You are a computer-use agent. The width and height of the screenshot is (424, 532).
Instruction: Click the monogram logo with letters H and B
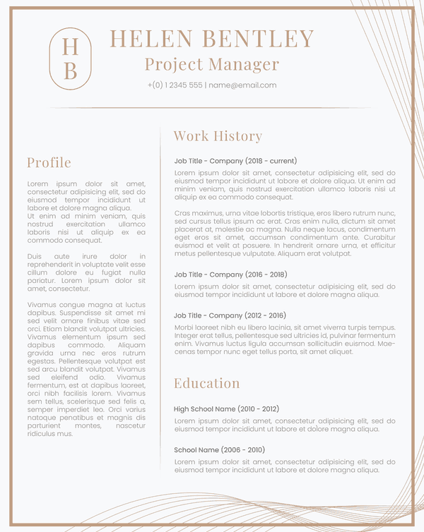tap(70, 59)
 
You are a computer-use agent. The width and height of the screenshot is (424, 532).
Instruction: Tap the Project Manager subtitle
tap(212, 64)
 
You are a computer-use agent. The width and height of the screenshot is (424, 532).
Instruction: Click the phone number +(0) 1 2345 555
tap(175, 85)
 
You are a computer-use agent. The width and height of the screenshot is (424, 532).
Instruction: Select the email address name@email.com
tap(242, 85)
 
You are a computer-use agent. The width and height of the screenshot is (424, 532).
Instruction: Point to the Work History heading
tap(218, 136)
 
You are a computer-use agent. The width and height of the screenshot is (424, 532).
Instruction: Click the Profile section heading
tap(49, 162)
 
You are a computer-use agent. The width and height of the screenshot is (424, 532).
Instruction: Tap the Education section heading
tap(207, 383)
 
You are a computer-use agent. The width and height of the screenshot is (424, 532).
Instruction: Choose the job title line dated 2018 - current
tap(235, 161)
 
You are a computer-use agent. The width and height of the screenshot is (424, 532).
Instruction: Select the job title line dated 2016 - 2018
tap(230, 274)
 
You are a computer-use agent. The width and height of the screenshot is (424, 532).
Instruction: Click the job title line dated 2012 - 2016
tap(230, 315)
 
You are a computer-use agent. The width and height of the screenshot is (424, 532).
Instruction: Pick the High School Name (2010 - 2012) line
tap(226, 409)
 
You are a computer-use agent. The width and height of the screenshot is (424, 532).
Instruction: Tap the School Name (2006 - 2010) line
tap(219, 449)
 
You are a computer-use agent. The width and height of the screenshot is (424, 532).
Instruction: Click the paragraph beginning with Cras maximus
tap(285, 233)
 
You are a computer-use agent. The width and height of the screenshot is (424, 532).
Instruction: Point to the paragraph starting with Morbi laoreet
tap(285, 339)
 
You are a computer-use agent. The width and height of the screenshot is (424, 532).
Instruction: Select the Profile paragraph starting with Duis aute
tap(86, 272)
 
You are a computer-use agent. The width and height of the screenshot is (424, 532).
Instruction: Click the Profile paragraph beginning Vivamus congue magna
tap(86, 369)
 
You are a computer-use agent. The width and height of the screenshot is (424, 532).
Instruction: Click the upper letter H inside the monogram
tap(70, 46)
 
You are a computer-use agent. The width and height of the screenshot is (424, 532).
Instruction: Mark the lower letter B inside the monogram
tap(70, 71)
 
